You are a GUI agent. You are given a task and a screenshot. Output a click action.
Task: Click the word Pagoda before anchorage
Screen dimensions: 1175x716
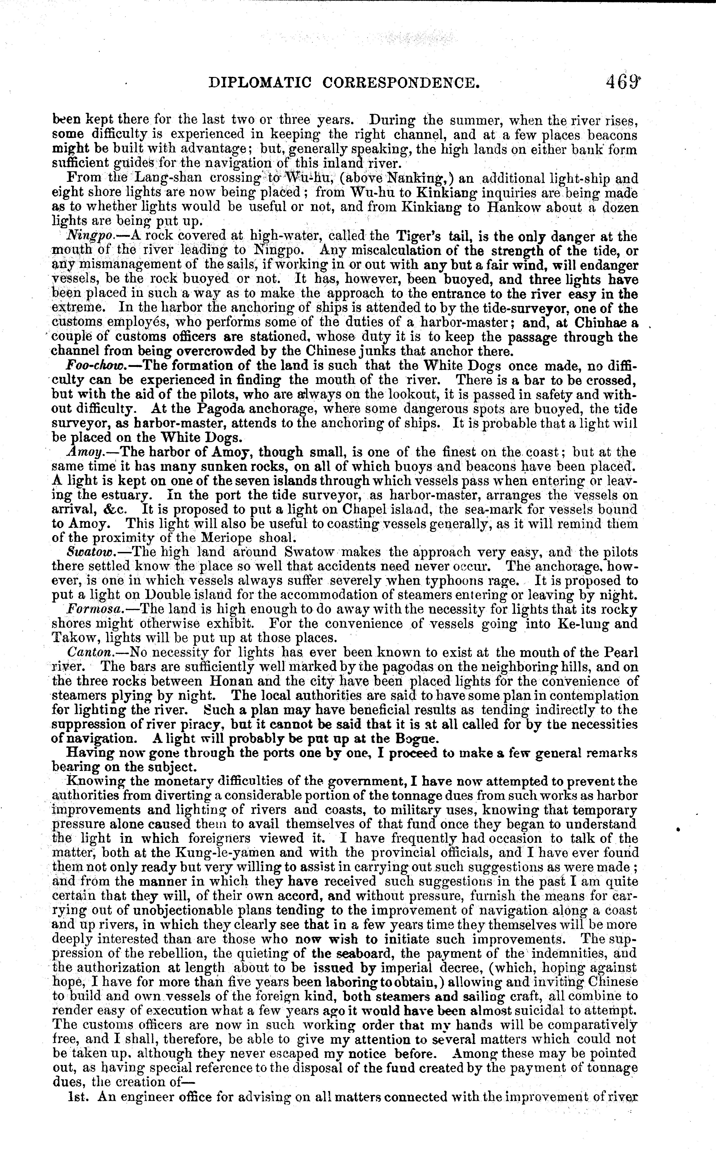[x=225, y=409]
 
